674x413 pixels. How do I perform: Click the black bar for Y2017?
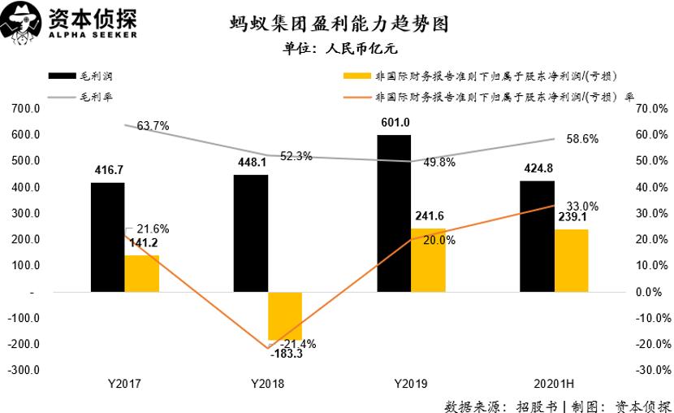click(x=107, y=237)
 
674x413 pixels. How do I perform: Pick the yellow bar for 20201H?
click(x=571, y=260)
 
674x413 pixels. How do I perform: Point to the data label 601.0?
click(x=395, y=123)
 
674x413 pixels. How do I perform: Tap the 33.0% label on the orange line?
click(x=582, y=206)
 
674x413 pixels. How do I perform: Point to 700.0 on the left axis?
click(x=27, y=109)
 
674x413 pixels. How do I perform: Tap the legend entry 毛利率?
click(x=96, y=97)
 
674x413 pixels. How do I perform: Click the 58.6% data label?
click(x=582, y=139)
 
